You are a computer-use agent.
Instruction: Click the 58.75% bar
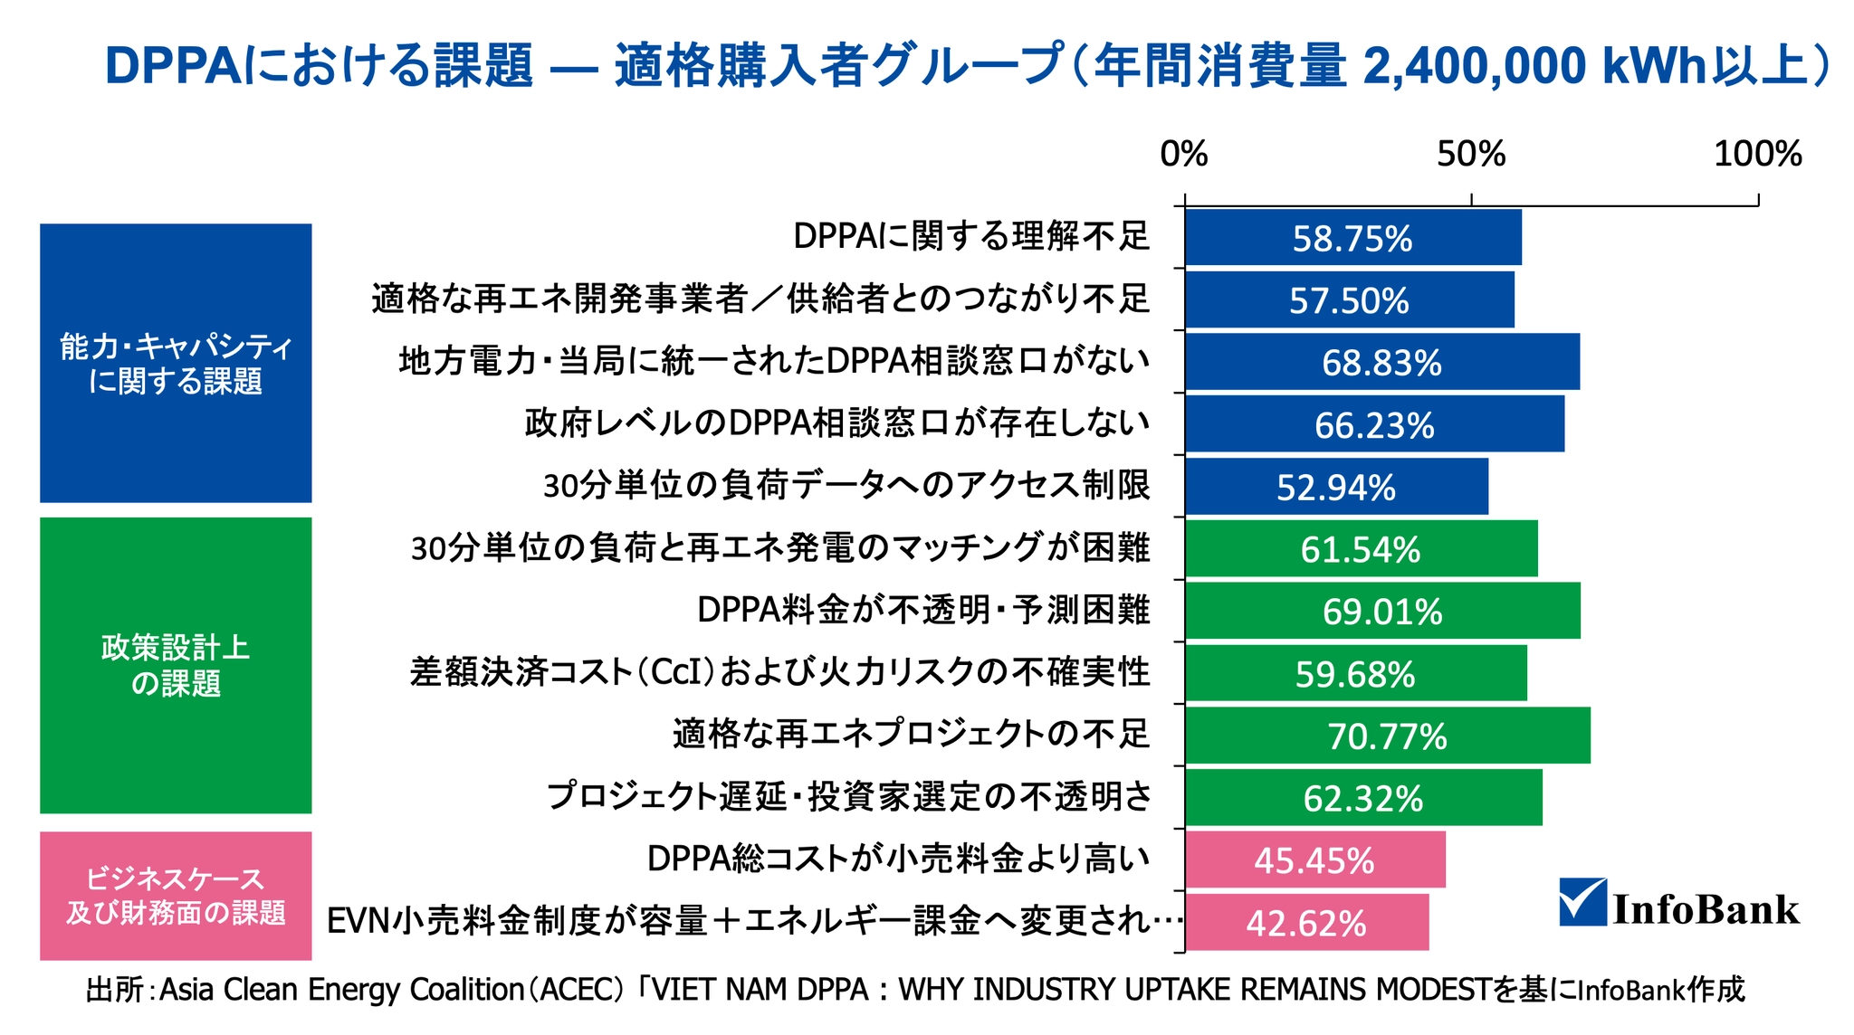(x=1352, y=238)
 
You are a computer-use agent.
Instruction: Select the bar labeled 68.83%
(x=1381, y=362)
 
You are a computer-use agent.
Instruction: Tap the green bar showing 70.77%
(x=1387, y=736)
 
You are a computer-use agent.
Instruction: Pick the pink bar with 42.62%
(x=1306, y=923)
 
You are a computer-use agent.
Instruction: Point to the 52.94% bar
(x=1336, y=487)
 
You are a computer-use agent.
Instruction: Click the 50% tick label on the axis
(x=1471, y=155)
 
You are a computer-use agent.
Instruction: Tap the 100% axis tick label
(x=1757, y=155)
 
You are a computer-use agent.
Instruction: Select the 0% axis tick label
(x=1184, y=155)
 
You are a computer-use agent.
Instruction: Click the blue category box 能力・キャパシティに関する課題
(x=176, y=363)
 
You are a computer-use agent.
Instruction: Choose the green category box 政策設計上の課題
(x=176, y=665)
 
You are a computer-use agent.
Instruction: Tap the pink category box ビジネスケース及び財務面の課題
(x=176, y=896)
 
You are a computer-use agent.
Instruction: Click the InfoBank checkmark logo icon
(x=1583, y=902)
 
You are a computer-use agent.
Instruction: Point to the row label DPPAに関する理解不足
(x=971, y=236)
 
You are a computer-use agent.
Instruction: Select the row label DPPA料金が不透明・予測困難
(x=923, y=610)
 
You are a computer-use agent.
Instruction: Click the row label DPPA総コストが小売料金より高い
(x=898, y=859)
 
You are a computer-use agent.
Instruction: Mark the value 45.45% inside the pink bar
(x=1314, y=860)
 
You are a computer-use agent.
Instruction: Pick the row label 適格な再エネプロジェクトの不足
(x=911, y=734)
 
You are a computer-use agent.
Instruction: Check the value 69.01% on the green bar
(x=1382, y=612)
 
